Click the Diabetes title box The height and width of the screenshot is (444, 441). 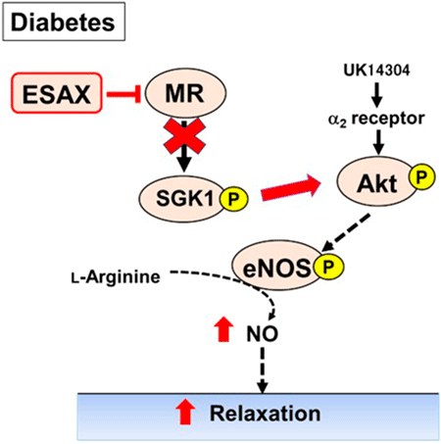coord(64,22)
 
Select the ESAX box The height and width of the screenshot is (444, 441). coord(57,93)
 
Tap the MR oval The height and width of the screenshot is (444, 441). coord(185,93)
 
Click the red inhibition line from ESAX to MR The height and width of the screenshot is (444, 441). coord(123,94)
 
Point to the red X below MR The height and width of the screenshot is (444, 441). coord(184,136)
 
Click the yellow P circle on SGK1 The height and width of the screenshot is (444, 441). coord(233,199)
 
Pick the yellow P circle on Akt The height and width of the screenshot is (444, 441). coord(421,177)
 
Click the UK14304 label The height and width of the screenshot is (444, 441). coord(376,70)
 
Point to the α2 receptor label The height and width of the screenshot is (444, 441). coord(376,119)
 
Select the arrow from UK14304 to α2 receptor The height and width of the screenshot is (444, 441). coord(377,95)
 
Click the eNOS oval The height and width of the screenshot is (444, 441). coord(277,266)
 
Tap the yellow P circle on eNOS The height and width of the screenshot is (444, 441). coord(328,267)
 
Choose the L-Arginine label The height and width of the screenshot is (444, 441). coord(116,277)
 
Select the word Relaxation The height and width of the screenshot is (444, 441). coord(265,414)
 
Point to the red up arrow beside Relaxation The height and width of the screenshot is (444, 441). coord(185,412)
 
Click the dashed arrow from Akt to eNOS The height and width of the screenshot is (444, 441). coord(346,233)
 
